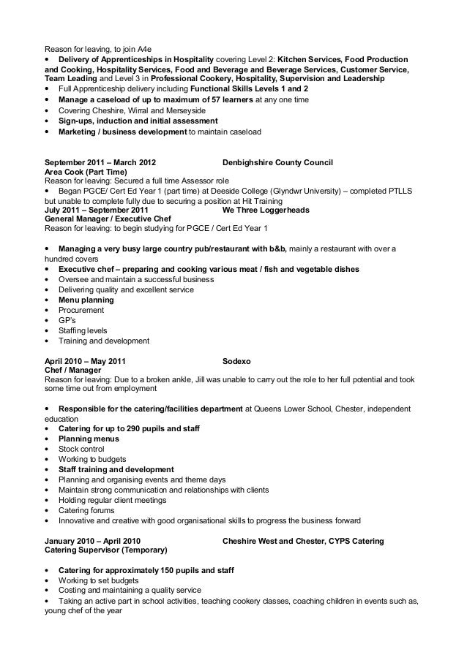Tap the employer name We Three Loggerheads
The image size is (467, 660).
pyautogui.click(x=265, y=210)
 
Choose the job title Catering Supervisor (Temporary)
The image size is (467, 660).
pyautogui.click(x=106, y=549)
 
